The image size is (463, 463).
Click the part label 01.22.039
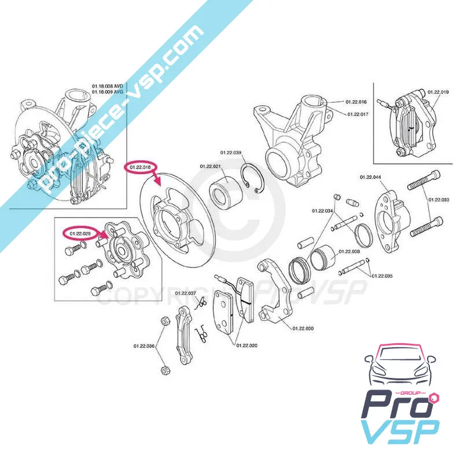coord(230,152)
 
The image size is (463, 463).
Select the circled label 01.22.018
coord(141,167)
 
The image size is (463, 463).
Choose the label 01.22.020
coord(246,346)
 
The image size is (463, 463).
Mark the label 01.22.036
coord(144,346)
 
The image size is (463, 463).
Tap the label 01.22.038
coord(349,251)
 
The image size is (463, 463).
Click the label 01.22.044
coord(370,177)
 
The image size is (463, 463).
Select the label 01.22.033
coord(438,200)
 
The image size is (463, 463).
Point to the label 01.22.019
coord(438,91)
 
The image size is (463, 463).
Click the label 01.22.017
coord(357,114)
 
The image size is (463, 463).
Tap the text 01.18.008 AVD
coord(108,86)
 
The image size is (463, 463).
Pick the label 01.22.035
coord(381,276)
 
